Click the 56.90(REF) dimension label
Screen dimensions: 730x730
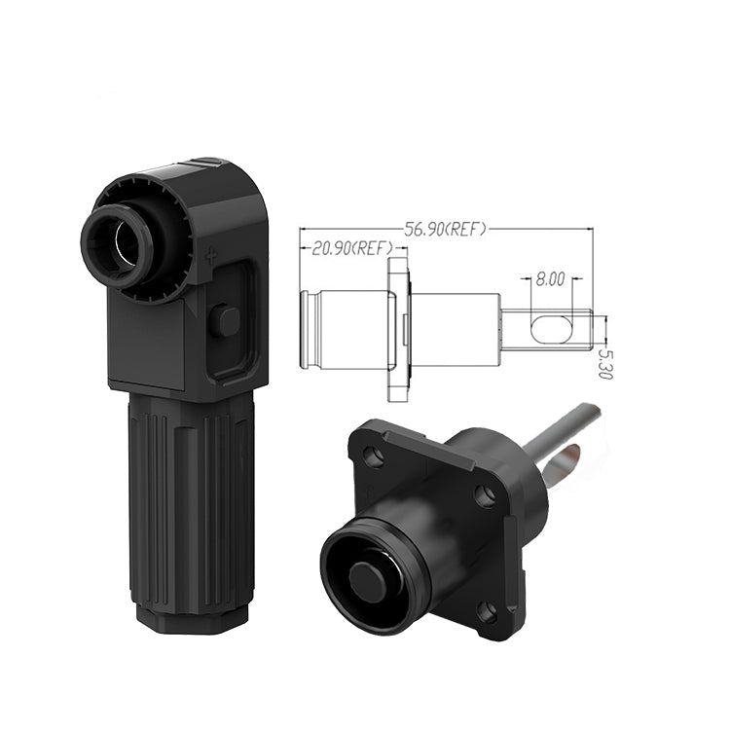445,229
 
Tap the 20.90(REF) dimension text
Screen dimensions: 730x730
352,248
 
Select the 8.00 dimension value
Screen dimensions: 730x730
550,279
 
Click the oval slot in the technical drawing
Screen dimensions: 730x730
550,330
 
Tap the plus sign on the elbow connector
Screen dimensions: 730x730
211,256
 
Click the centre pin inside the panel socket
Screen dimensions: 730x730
367,582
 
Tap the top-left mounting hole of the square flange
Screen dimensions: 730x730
374,456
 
